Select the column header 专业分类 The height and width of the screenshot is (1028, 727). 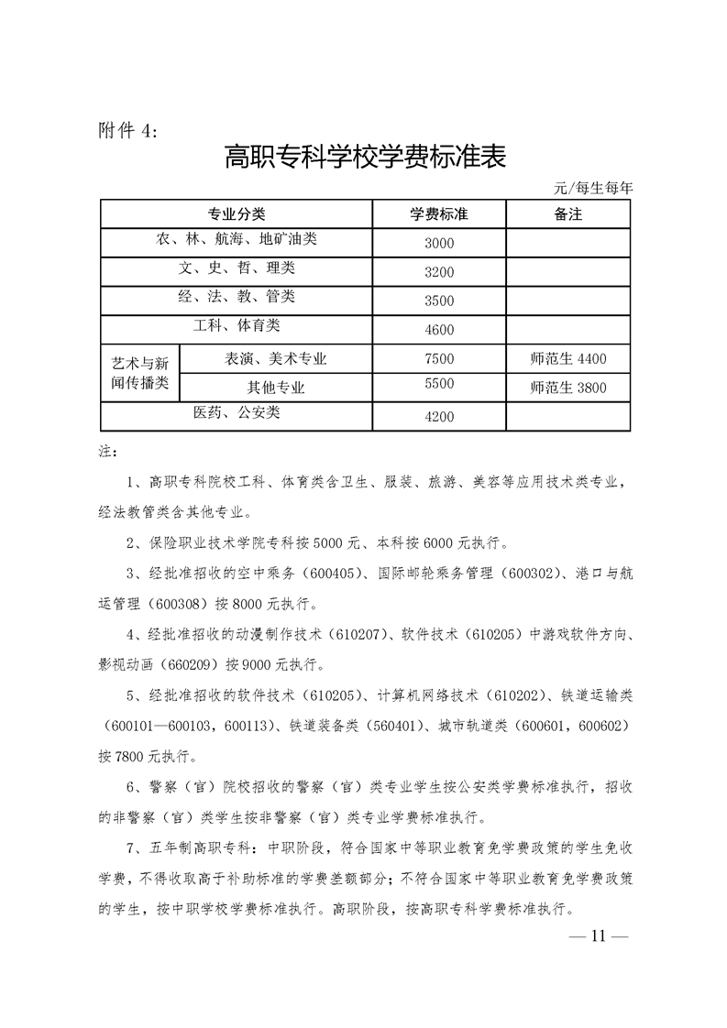(x=237, y=214)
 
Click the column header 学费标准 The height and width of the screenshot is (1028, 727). (x=439, y=214)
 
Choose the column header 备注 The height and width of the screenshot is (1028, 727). (x=568, y=214)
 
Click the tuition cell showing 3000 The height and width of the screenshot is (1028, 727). (x=439, y=244)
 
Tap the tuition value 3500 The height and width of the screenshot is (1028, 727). (x=439, y=301)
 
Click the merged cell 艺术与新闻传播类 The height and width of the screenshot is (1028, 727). (x=140, y=373)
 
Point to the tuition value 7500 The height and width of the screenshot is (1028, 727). (x=439, y=358)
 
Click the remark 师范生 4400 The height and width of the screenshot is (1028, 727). (x=568, y=358)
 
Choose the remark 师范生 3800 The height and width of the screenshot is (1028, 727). (x=568, y=388)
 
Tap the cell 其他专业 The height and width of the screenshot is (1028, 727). (x=276, y=388)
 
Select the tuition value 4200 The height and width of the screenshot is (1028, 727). (x=439, y=417)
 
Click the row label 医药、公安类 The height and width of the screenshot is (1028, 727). (x=237, y=413)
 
